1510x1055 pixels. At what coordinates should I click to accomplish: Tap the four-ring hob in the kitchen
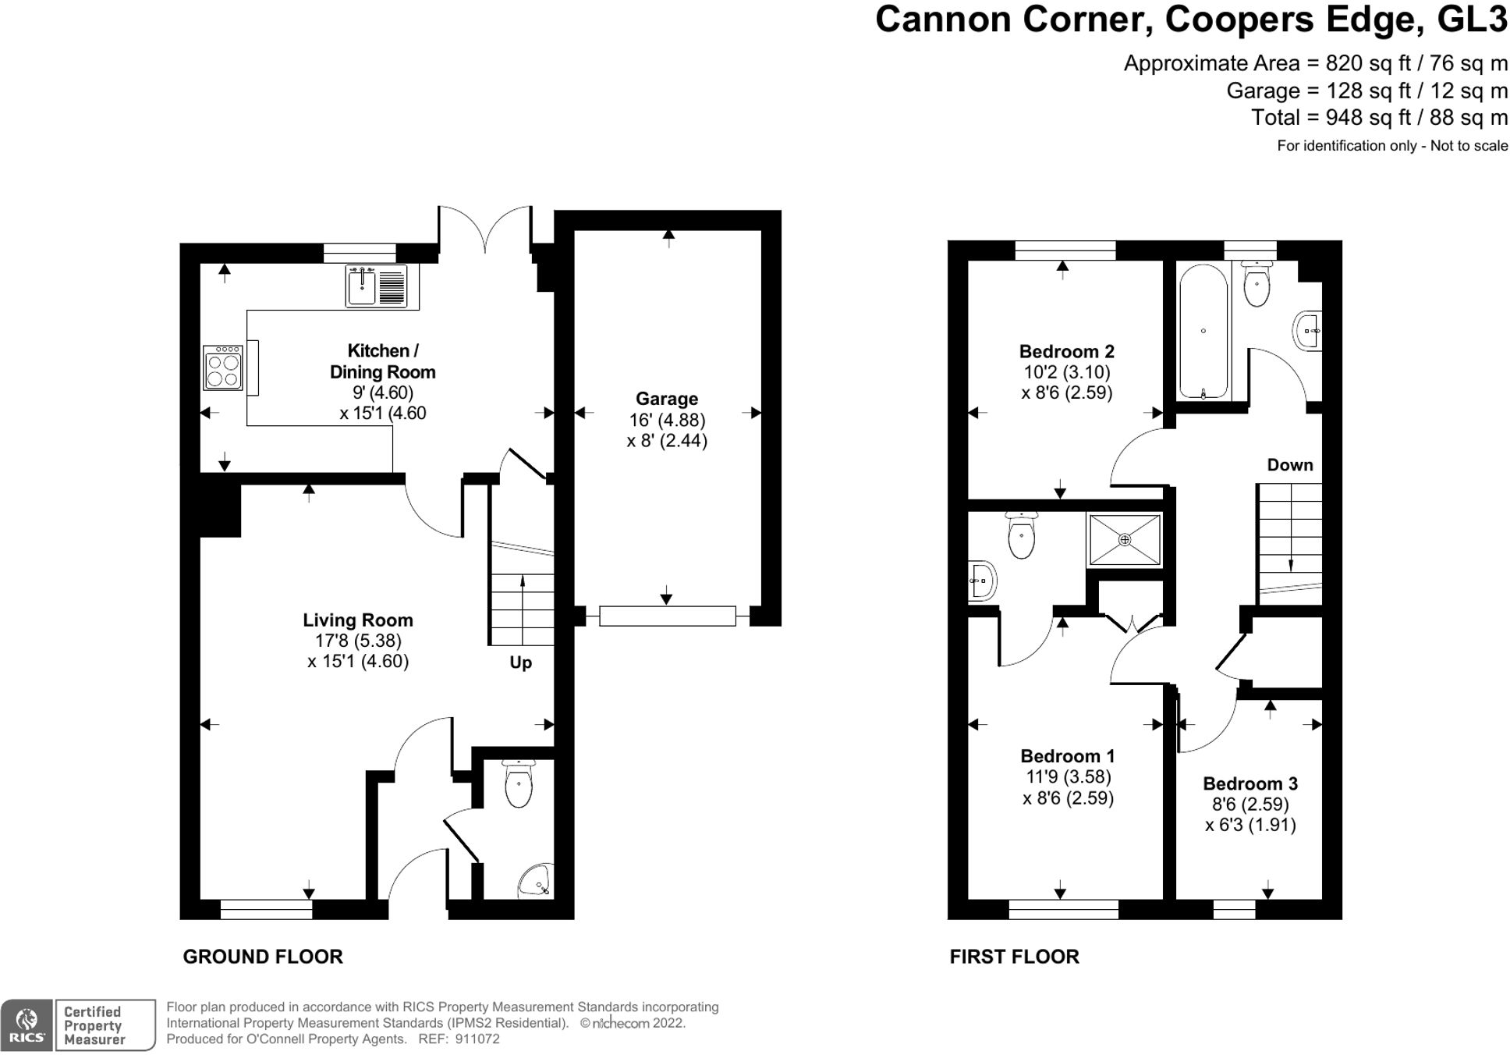[x=222, y=368]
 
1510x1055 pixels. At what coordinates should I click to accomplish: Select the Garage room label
[x=666, y=399]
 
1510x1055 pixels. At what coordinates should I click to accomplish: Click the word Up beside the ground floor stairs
[x=520, y=662]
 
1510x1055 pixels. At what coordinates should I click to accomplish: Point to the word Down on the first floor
[x=1289, y=465]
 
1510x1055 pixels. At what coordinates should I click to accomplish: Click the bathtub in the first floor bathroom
[x=1203, y=331]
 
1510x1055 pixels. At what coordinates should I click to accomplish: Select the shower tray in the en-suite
[x=1124, y=540]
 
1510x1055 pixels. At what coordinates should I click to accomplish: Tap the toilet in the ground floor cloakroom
[x=518, y=783]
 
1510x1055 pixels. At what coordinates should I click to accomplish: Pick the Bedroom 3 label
[x=1249, y=783]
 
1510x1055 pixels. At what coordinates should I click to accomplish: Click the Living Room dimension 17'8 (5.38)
[x=357, y=641]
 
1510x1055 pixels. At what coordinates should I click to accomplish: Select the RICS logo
[x=27, y=1025]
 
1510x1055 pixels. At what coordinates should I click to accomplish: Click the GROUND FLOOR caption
[x=263, y=957]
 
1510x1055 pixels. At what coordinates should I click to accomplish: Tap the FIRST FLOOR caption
[x=1014, y=957]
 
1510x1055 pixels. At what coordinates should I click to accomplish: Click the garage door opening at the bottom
[x=667, y=616]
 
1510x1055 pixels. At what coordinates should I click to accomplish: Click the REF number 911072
[x=477, y=1039]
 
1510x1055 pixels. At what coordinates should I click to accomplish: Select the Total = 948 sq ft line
[x=1378, y=118]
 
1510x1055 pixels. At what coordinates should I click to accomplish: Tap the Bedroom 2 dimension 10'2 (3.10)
[x=1066, y=372]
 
